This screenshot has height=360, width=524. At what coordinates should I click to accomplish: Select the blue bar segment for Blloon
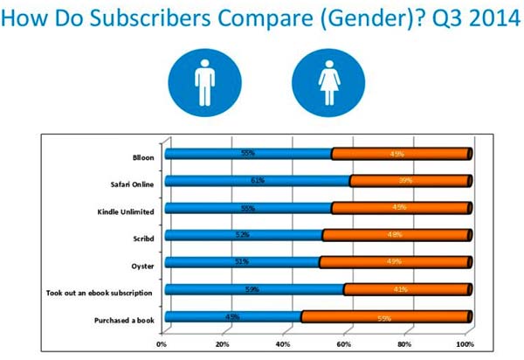click(x=248, y=155)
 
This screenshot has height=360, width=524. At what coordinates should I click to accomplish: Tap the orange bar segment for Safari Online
click(x=410, y=181)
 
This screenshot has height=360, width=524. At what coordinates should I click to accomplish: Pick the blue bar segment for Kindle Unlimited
click(x=248, y=208)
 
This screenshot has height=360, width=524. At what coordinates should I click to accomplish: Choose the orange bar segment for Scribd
click(x=396, y=235)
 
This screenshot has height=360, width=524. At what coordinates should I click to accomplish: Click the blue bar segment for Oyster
click(x=242, y=262)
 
